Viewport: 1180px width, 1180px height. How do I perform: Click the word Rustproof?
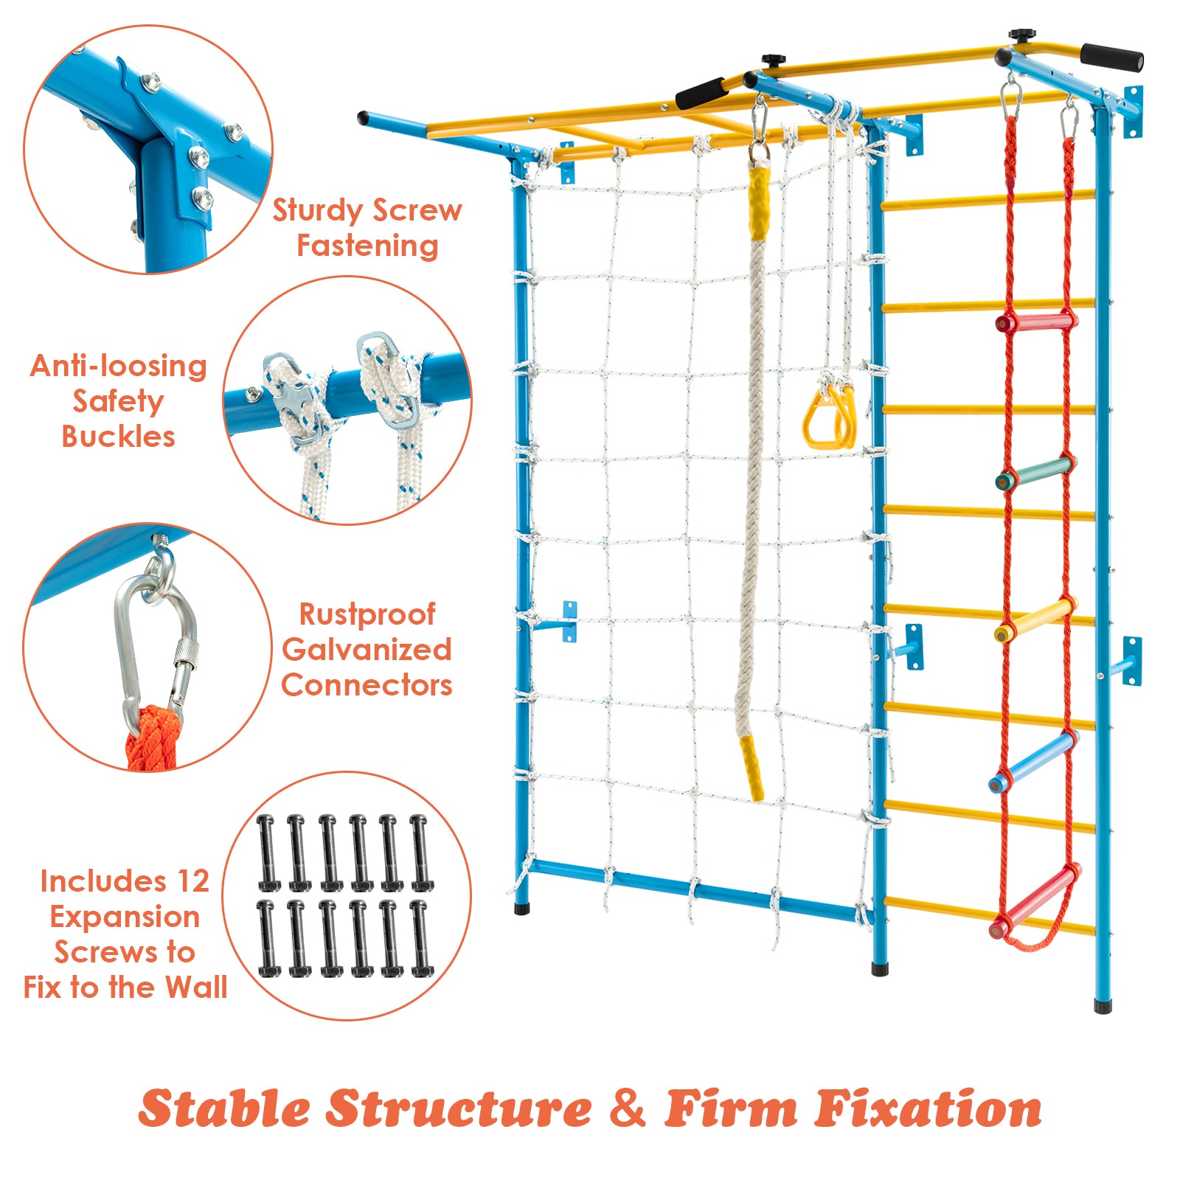pos(367,614)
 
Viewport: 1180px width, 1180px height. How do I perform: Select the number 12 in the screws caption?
pos(192,881)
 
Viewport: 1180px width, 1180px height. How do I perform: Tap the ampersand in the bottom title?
pos(627,1108)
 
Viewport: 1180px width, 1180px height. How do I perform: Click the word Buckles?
pos(118,437)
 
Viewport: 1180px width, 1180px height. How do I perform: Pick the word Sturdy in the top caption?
pos(315,211)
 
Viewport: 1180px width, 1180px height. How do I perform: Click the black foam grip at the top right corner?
pos(1111,57)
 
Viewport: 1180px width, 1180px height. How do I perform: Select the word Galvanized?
pos(367,650)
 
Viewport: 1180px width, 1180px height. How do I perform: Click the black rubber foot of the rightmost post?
pos(1102,1006)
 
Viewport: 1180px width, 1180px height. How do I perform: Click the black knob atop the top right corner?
pos(1022,35)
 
